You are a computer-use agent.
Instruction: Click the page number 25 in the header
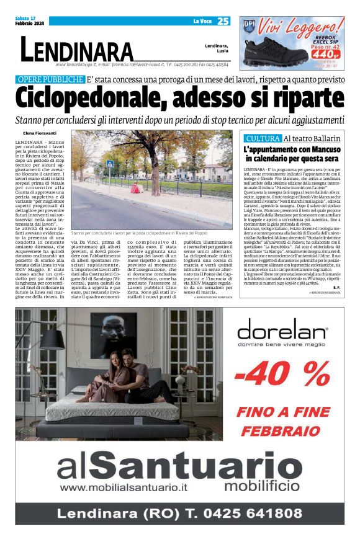pyautogui.click(x=223, y=21)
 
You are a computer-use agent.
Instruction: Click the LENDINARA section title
pyautogui.click(x=76, y=50)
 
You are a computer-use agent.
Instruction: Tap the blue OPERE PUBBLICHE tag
pyautogui.click(x=51, y=79)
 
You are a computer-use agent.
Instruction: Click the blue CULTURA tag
pyautogui.click(x=262, y=138)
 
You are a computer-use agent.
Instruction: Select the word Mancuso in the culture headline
pyautogui.click(x=310, y=150)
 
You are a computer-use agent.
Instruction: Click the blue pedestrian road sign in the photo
pyautogui.click(x=110, y=164)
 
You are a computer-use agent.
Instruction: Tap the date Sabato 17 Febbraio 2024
pyautogui.click(x=29, y=21)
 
